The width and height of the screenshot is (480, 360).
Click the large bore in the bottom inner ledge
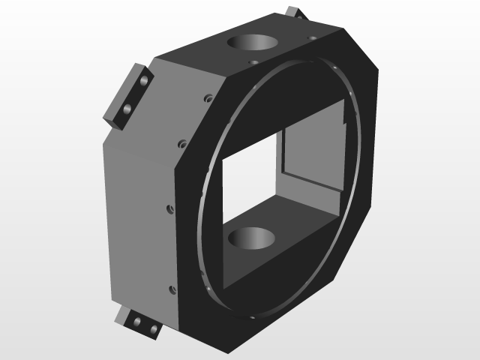(x=251, y=240)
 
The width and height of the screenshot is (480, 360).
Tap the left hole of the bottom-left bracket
(x=137, y=322)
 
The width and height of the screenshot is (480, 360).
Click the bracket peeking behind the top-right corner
(x=295, y=13)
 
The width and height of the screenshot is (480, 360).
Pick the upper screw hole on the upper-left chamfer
(x=207, y=97)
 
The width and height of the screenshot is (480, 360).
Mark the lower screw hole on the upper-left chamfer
(x=181, y=142)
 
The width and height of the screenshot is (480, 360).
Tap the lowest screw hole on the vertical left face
(x=172, y=289)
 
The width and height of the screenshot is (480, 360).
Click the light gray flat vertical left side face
(x=139, y=225)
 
